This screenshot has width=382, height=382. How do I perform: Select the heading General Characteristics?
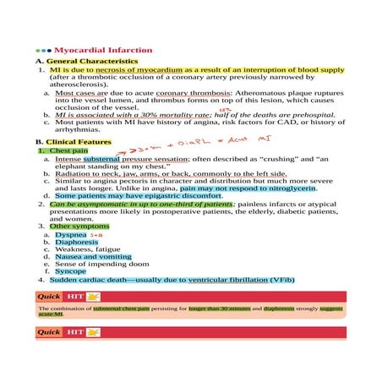tap(91, 63)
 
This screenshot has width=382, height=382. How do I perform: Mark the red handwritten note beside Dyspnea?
tap(95, 236)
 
